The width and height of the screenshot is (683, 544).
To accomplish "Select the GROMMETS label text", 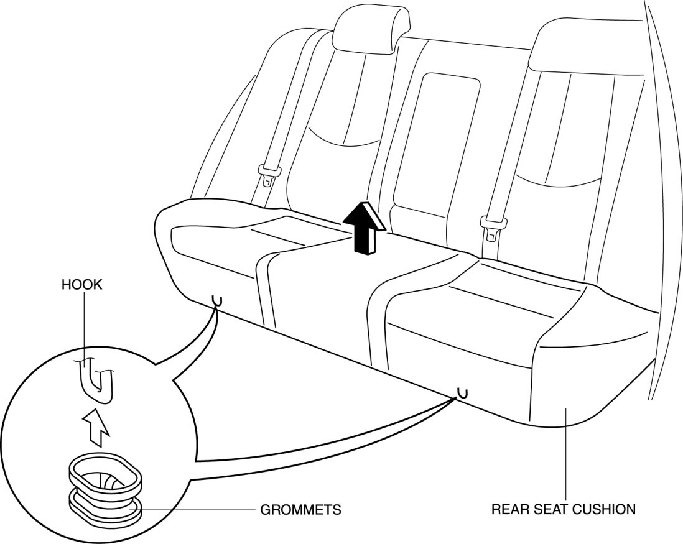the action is (300, 510).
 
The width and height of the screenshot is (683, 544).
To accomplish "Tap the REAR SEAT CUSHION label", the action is (564, 509).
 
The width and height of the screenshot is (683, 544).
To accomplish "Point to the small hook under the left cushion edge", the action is (217, 301).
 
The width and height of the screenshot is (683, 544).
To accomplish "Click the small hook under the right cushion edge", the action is (461, 392).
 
